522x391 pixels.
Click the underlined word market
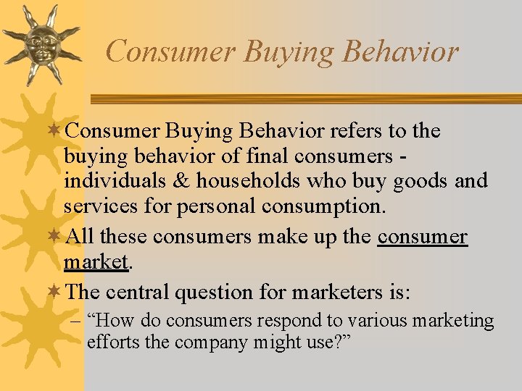[x=95, y=261]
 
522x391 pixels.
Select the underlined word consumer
[x=423, y=237]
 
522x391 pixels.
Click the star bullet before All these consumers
[x=57, y=237]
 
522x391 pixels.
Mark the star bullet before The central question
[x=57, y=292]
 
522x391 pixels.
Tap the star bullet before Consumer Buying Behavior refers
[x=57, y=131]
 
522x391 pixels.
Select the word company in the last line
[x=208, y=341]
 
